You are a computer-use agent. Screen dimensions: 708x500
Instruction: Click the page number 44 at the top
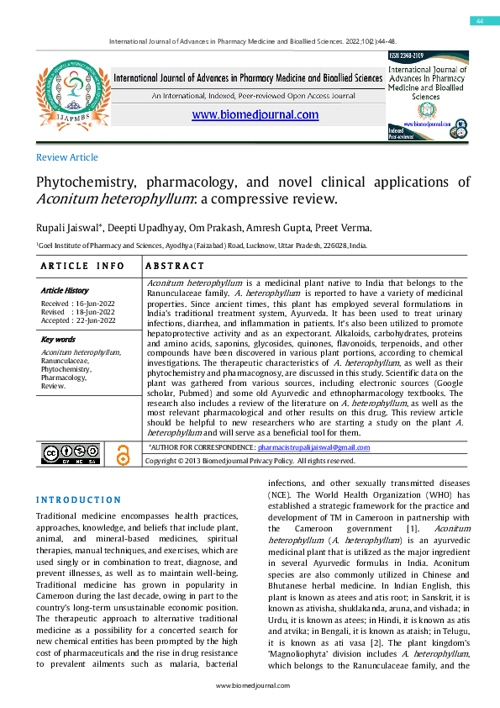coord(479,20)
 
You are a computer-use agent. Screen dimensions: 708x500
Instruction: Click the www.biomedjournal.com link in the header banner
coord(255,115)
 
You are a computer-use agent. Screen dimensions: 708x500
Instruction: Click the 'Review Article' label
coord(67,157)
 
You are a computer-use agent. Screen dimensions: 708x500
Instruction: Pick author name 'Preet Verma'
coord(346,229)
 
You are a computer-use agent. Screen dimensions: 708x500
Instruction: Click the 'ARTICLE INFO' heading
coord(82,266)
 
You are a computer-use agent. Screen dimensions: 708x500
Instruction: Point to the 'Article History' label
coord(65,290)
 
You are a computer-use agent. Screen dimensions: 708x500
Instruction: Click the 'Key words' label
coord(58,340)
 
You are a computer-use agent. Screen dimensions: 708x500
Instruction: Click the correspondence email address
coord(313,447)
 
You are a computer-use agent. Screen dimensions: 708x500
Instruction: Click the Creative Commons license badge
coord(70,454)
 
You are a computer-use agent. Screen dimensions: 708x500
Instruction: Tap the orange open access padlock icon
coord(124,454)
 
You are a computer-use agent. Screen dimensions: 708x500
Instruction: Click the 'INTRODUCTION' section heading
coord(78,499)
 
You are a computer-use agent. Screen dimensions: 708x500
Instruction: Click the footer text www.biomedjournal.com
coord(250,686)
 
